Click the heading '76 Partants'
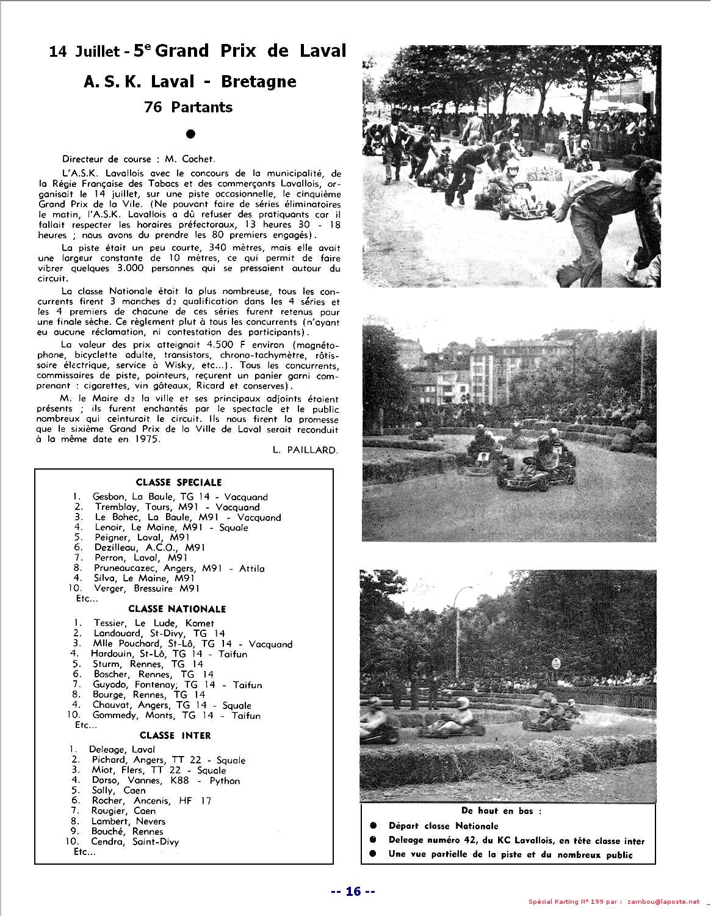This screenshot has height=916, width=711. [x=188, y=107]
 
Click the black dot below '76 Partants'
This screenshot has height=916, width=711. [x=190, y=133]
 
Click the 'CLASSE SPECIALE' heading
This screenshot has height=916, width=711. [x=178, y=482]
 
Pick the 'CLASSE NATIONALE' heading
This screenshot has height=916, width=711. [x=177, y=609]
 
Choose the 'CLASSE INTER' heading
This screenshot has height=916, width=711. [x=175, y=735]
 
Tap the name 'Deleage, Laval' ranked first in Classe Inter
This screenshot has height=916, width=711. [x=122, y=749]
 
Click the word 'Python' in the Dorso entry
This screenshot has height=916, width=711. [x=225, y=780]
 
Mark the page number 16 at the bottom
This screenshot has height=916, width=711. [x=353, y=891]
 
